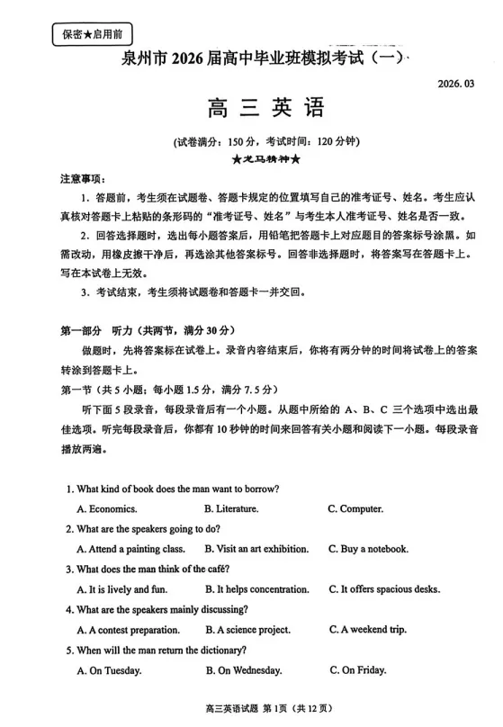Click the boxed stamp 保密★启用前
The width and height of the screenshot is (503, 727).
(92, 35)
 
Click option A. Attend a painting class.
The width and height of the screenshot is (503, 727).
(131, 549)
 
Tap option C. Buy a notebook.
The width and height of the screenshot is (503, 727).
(368, 549)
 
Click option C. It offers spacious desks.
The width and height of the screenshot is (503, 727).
(384, 589)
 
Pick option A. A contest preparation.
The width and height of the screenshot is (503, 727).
(129, 630)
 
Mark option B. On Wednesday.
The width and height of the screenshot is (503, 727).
(244, 670)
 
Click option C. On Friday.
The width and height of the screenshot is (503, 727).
(358, 670)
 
